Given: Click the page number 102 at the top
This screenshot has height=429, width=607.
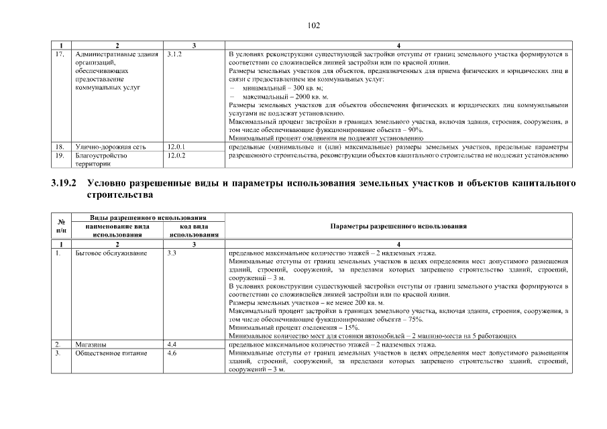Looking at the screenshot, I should (x=314, y=25).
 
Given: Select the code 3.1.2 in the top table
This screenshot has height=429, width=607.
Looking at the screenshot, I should (x=174, y=54).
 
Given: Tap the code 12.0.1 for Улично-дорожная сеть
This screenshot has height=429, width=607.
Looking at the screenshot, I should (x=176, y=146).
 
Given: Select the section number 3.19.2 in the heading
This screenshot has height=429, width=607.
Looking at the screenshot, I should (x=64, y=182).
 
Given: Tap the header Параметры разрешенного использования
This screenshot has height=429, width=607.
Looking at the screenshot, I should (x=398, y=227).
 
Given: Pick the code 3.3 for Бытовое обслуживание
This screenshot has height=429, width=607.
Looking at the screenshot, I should (x=171, y=253).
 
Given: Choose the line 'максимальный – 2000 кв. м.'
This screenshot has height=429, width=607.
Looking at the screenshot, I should (x=286, y=97).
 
